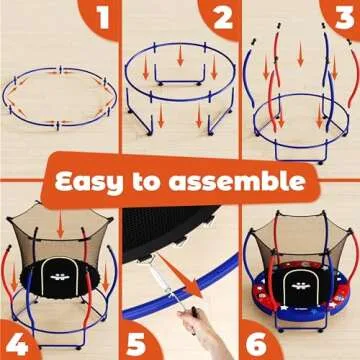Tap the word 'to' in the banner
coord(170,181)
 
